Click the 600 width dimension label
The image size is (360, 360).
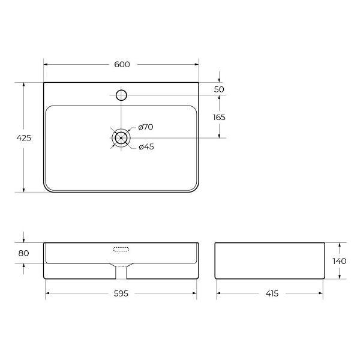point(122,65)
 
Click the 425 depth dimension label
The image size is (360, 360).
point(23,138)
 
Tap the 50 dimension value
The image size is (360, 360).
point(219,89)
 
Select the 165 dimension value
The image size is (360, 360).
point(219,118)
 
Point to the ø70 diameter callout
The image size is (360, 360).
point(146,127)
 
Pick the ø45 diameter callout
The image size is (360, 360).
point(146,147)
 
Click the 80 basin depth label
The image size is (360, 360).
point(23,253)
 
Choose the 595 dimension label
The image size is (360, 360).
point(121,293)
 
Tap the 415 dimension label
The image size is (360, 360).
point(272,293)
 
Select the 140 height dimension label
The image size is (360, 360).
point(340,261)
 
